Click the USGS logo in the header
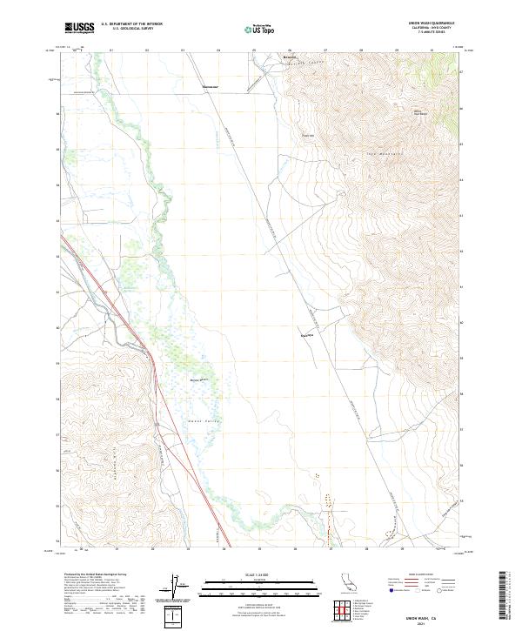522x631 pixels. pyautogui.click(x=79, y=28)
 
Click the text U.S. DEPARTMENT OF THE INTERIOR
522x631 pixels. pyautogui.click(x=131, y=24)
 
